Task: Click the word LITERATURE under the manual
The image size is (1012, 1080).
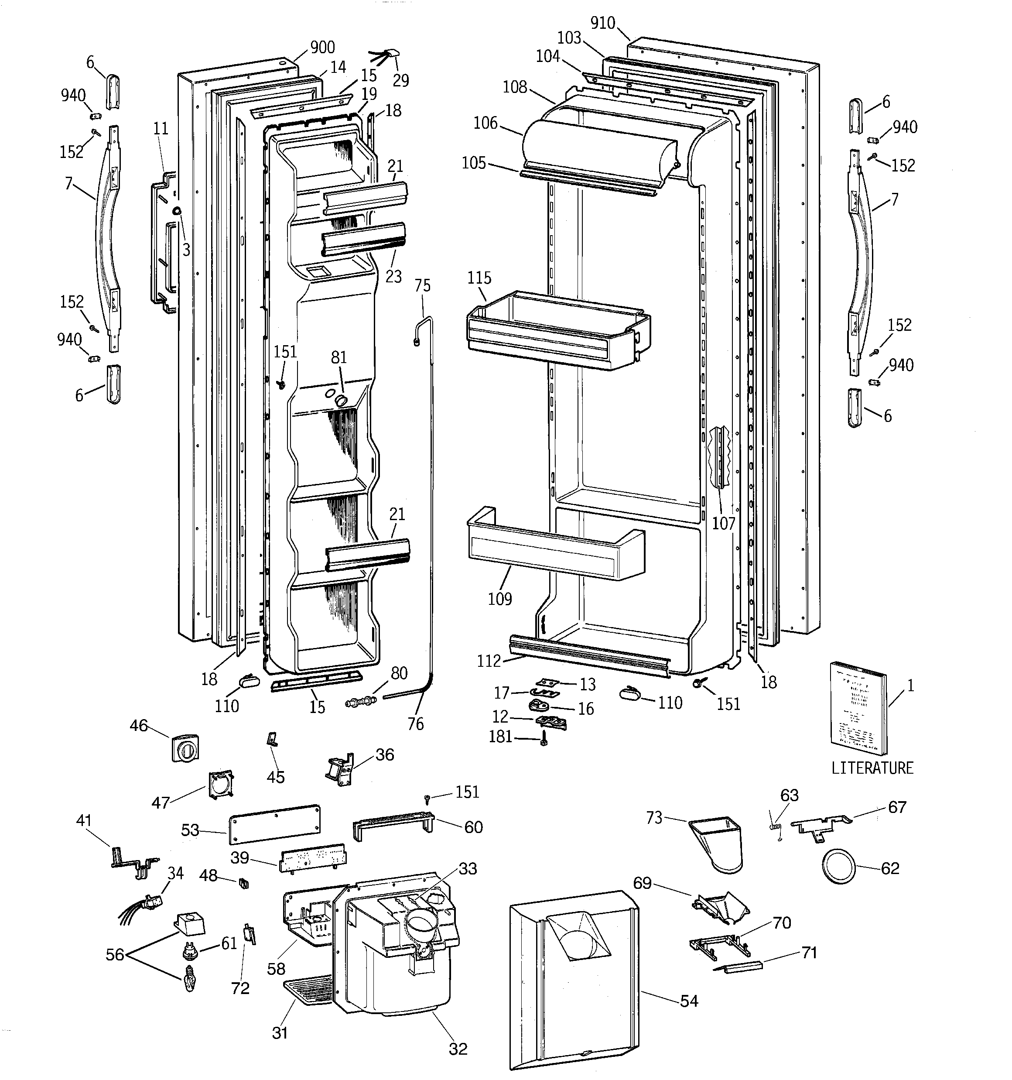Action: [x=872, y=768]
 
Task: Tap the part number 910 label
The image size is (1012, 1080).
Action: [x=602, y=23]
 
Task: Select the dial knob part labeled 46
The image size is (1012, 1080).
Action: [x=185, y=749]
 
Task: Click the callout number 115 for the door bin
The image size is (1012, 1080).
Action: [x=479, y=278]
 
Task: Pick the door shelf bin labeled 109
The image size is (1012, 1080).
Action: [x=554, y=546]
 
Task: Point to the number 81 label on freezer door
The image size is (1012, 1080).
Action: [x=338, y=357]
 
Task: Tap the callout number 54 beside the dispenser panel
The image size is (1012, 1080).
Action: [x=688, y=1001]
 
